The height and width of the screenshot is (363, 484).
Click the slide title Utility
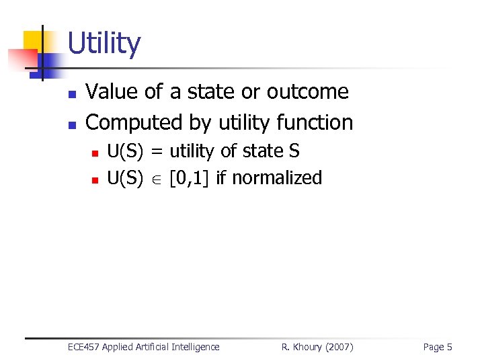[x=104, y=44]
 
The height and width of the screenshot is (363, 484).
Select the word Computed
[x=125, y=122]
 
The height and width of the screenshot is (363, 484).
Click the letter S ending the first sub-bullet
[x=294, y=151]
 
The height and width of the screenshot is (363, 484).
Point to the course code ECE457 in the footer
[x=84, y=347]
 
